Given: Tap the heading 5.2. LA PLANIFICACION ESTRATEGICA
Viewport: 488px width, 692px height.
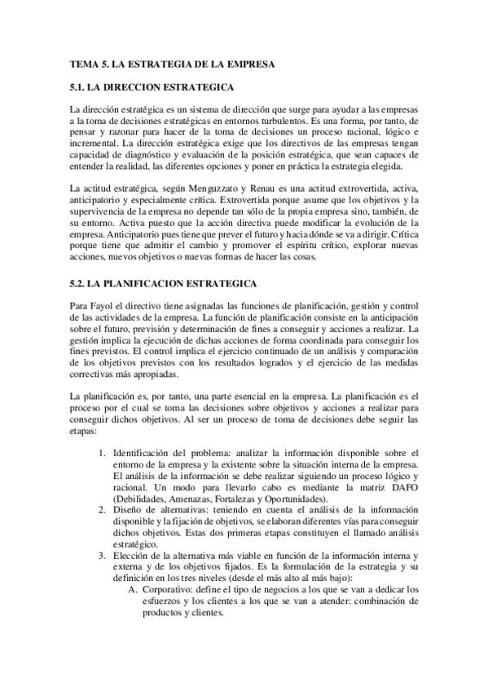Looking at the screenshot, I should [x=164, y=283].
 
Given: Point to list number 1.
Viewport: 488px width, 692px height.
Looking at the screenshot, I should [x=102, y=453].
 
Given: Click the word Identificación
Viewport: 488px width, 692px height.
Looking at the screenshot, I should [x=145, y=453].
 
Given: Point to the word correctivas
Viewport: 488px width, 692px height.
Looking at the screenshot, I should [x=97, y=375].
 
